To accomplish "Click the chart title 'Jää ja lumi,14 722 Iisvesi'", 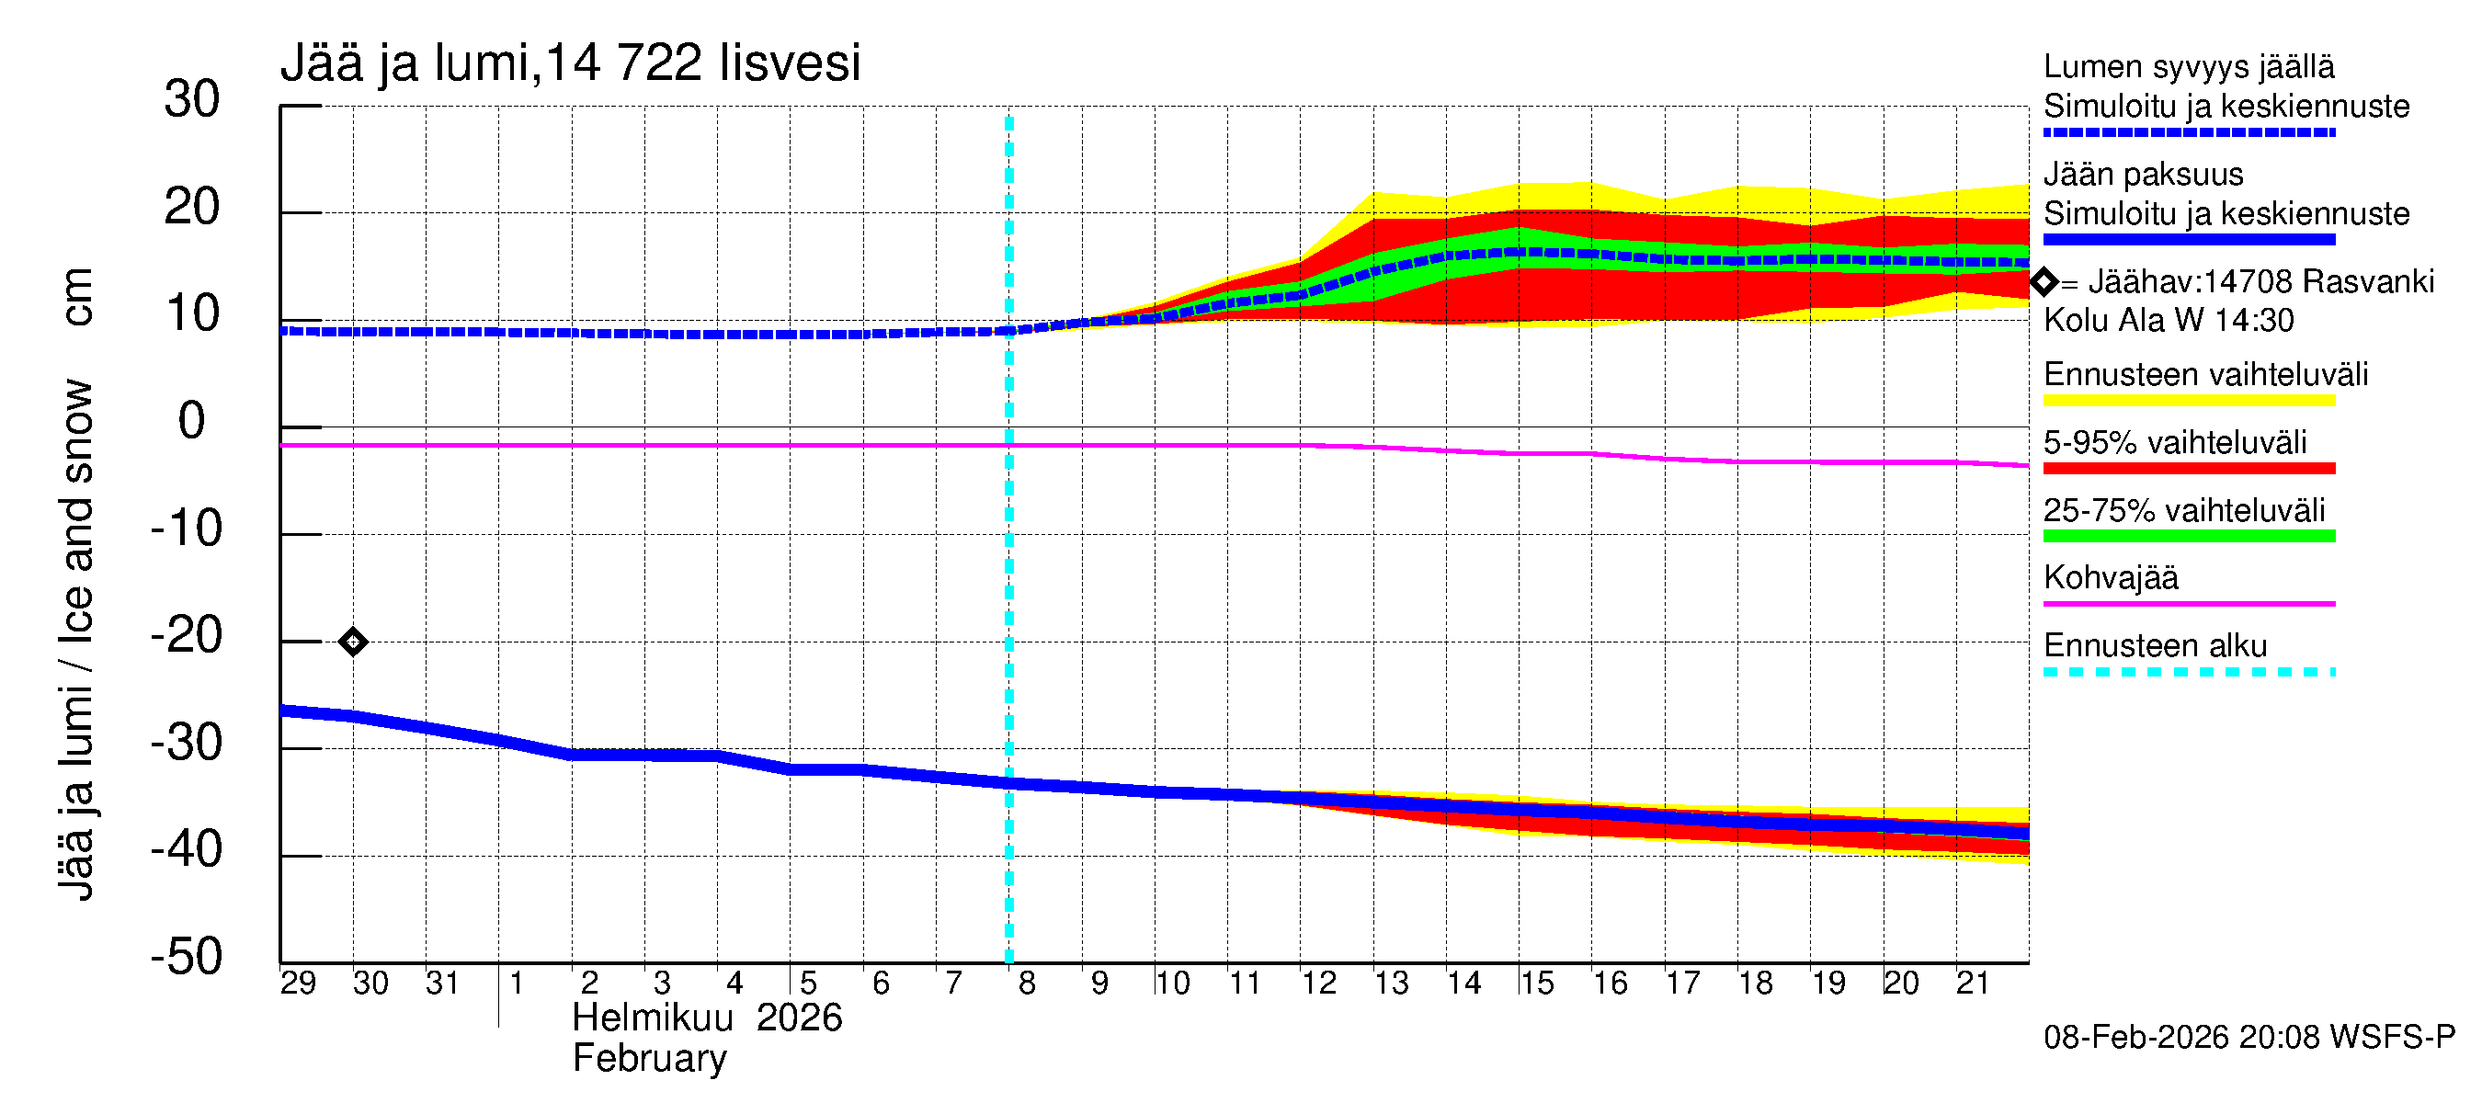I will tap(569, 63).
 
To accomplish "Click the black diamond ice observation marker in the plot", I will tap(353, 642).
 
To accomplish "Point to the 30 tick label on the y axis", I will tap(192, 100).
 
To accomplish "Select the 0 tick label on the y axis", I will tap(192, 421).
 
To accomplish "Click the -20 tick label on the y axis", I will tap(187, 636).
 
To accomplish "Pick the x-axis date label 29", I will tap(298, 984).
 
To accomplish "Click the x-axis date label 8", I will tap(1026, 984).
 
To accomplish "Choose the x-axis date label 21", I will tap(1973, 984).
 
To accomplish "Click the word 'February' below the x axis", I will tap(649, 1059).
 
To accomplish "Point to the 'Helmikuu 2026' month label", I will tap(707, 1018).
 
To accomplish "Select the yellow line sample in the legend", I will tap(2188, 401).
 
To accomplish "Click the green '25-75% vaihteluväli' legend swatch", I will tap(2188, 537).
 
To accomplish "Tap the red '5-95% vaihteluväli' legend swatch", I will tap(2188, 469).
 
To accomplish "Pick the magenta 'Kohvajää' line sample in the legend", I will tap(2188, 604).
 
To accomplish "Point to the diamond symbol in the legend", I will tap(2044, 282).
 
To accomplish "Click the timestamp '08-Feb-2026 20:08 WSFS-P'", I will tap(2249, 1038).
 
